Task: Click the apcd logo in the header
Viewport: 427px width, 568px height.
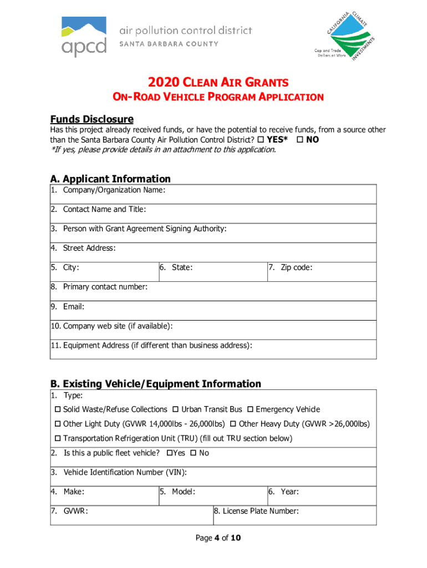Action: pos(83,37)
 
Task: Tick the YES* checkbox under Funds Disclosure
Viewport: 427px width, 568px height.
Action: pos(260,140)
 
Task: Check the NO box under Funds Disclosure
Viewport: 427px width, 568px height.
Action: pos(300,140)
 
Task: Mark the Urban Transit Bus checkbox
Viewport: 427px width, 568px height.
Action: pos(175,410)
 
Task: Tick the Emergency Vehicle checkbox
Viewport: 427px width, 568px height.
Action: pos(250,410)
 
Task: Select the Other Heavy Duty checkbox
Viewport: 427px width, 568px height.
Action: pos(233,424)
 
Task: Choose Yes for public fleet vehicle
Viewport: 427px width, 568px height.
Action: pos(169,453)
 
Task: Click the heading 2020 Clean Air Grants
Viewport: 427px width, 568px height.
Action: pos(218,83)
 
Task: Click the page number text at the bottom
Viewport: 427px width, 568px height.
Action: pos(218,537)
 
